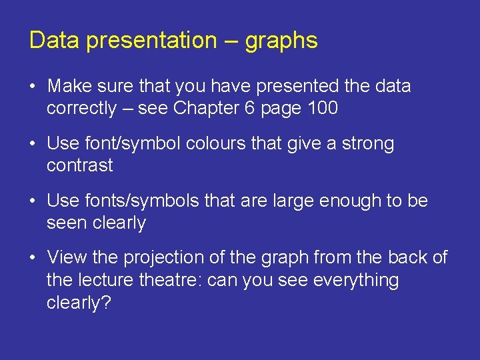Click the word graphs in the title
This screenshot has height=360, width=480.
(281, 41)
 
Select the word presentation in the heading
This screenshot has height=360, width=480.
(151, 41)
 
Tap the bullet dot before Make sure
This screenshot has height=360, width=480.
(33, 87)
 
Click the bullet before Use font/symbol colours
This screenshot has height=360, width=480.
(33, 144)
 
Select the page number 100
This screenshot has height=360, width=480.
(322, 109)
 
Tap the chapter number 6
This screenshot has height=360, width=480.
(249, 109)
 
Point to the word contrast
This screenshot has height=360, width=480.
(79, 166)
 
